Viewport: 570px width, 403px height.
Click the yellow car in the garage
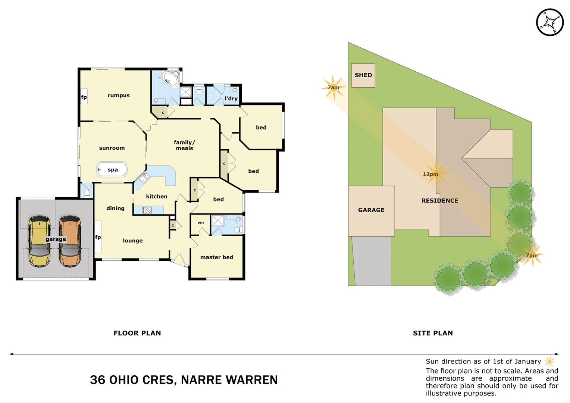coord(40,241)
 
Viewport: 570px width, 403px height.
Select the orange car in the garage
coord(70,241)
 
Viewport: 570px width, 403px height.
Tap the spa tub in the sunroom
coord(112,169)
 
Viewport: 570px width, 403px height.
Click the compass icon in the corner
coord(549,22)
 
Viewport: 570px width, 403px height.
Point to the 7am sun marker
coord(333,88)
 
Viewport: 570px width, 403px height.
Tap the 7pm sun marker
coord(532,255)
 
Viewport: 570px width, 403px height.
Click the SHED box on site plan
coord(363,75)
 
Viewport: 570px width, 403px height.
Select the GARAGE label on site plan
coord(371,210)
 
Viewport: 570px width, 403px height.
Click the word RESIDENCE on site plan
coord(440,201)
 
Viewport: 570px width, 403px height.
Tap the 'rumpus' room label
coord(119,96)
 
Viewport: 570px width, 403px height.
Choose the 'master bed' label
coord(216,257)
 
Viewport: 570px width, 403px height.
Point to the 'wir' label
coord(201,223)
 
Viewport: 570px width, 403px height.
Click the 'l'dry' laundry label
coord(231,99)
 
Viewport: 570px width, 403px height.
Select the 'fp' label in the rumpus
coord(84,97)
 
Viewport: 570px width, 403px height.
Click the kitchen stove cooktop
coord(147,210)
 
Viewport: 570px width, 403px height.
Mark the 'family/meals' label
coord(184,145)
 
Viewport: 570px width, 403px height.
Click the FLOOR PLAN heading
coord(137,333)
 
